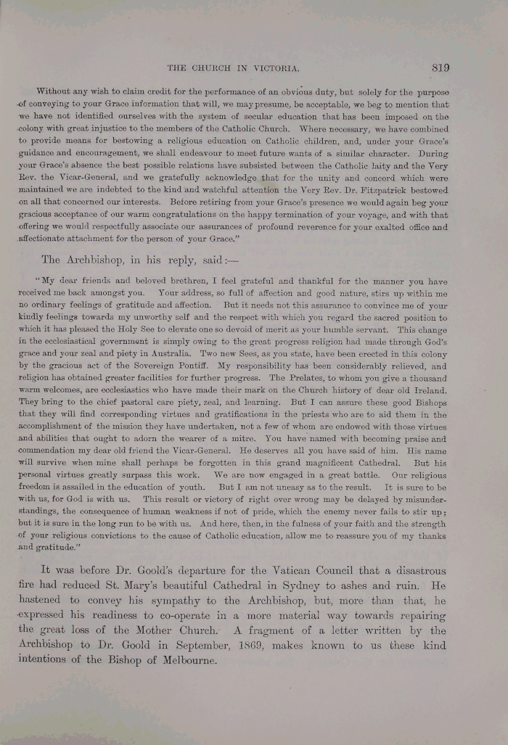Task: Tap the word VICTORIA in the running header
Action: tap(276, 68)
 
